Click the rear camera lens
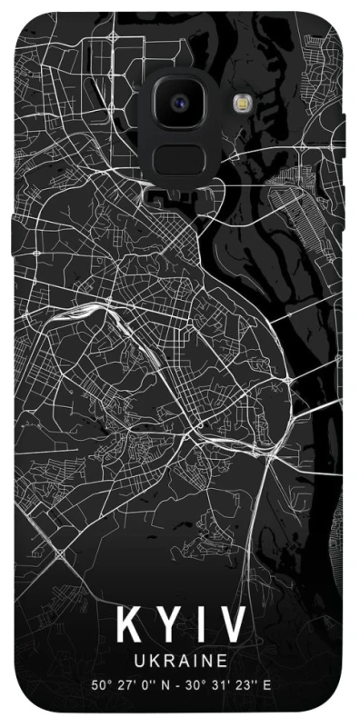tap(179, 103)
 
